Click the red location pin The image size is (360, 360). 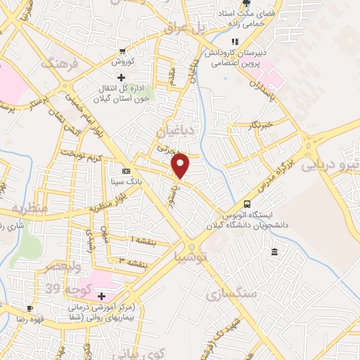click(181, 165)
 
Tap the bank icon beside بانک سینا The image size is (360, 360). click(126, 171)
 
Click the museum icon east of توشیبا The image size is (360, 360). click(274, 252)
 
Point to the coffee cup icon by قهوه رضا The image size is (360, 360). click(30, 308)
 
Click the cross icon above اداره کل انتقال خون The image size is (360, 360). click(121, 77)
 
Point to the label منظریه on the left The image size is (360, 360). click(28, 208)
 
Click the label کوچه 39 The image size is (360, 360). click(63, 288)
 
